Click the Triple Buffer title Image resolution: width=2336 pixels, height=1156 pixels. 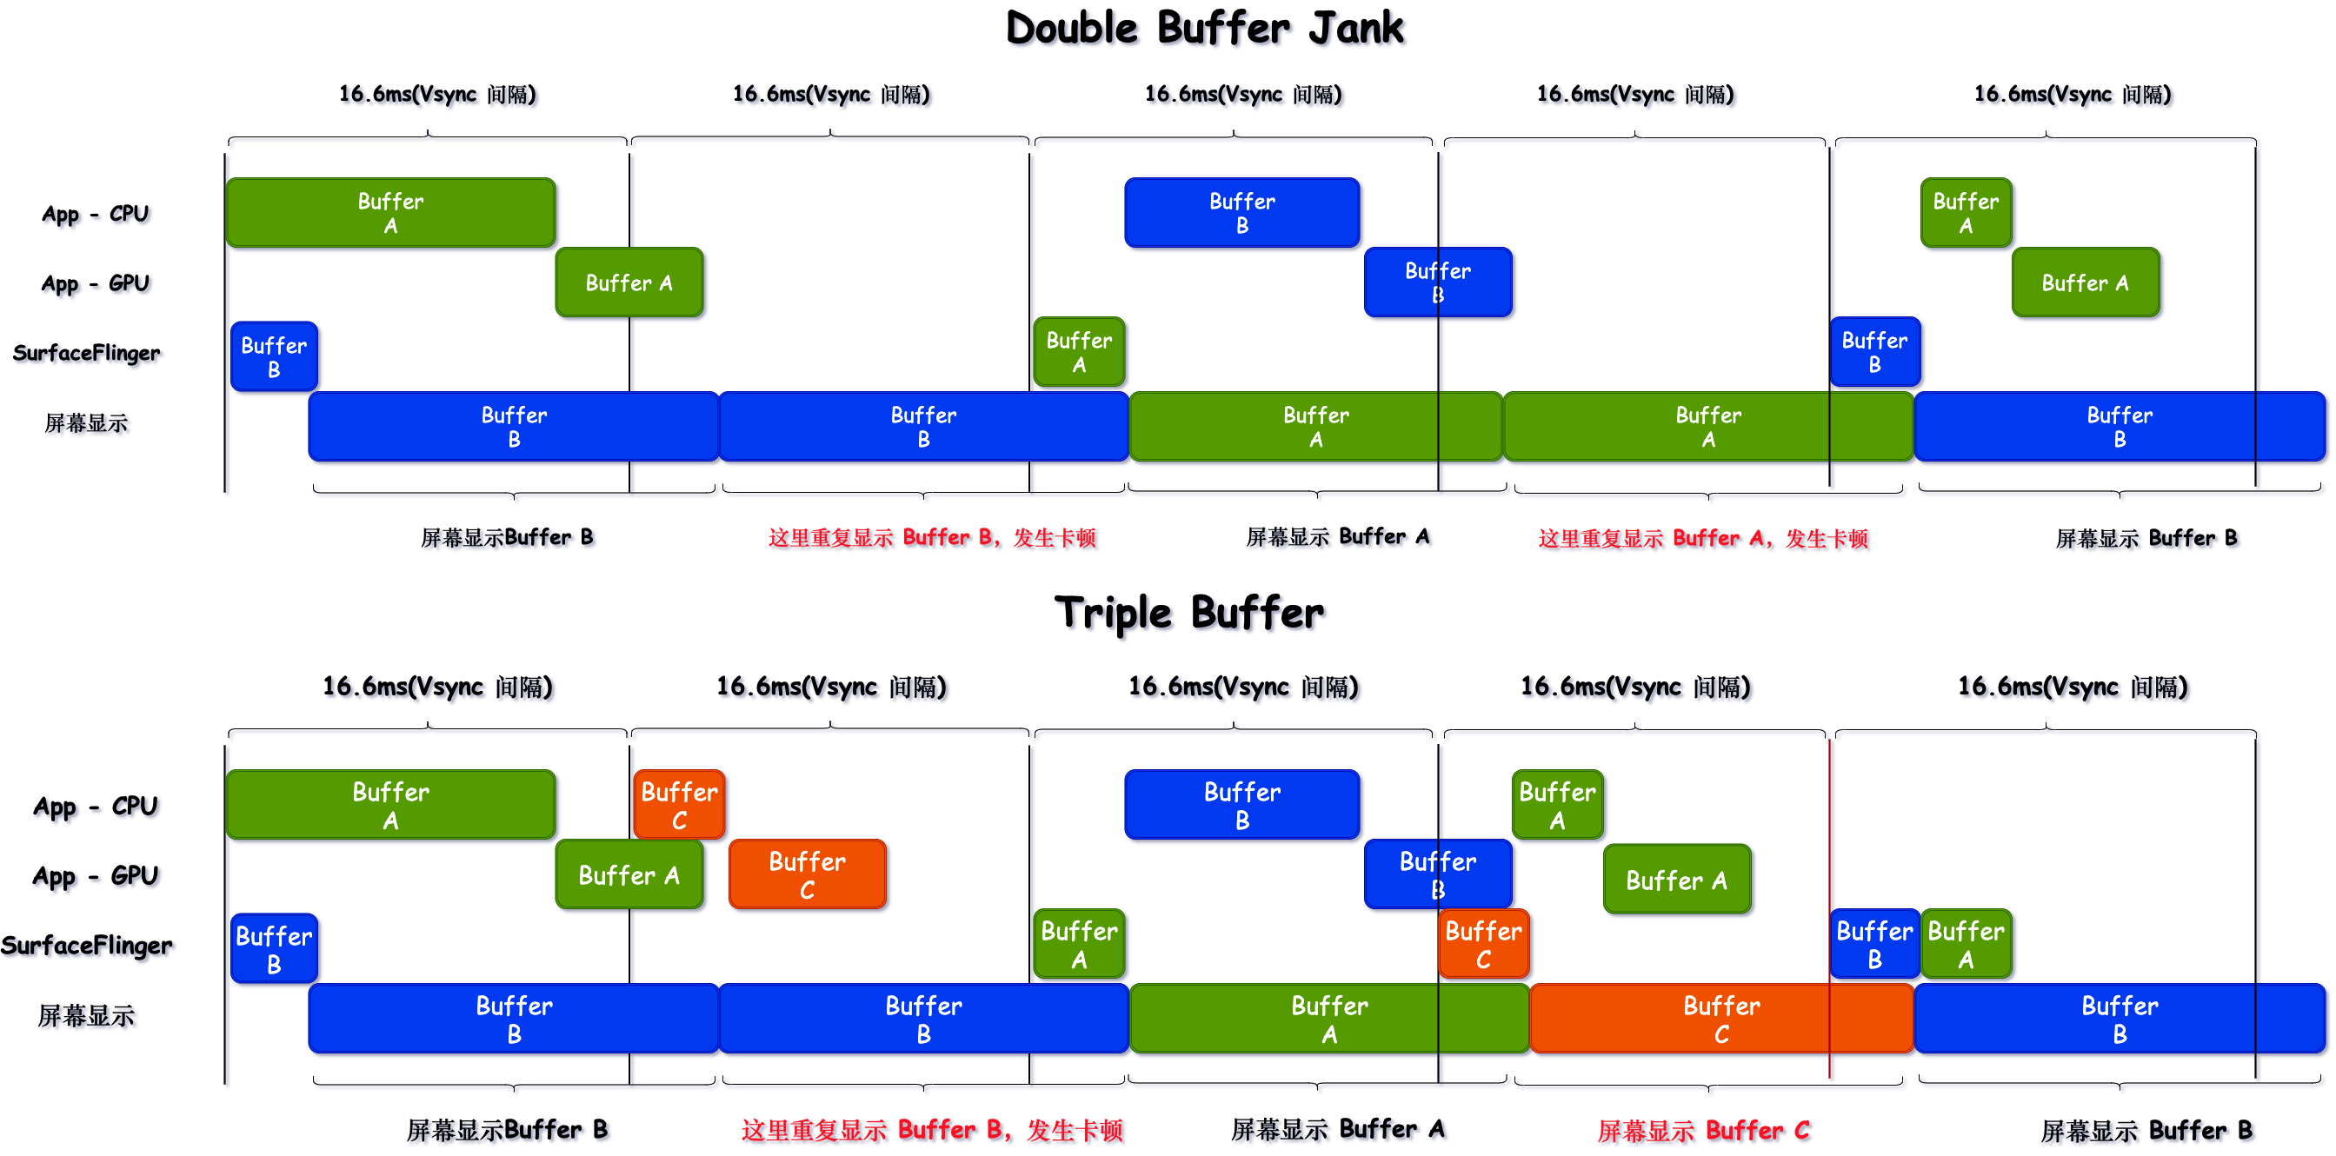click(1188, 614)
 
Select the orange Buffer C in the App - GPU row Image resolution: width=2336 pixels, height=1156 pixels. click(807, 875)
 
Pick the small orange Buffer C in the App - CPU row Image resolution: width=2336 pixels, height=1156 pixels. click(679, 804)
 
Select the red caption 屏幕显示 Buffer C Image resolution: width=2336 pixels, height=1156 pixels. click(1703, 1131)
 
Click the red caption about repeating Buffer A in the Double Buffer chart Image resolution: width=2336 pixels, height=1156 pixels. click(1703, 539)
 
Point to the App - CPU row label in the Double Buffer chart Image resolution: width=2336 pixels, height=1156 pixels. click(96, 214)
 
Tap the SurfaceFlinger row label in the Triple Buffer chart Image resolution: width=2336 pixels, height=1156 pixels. click(86, 946)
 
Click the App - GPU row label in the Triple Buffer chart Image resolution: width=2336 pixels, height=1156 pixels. click(96, 876)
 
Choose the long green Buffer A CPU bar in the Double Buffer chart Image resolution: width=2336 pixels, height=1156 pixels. click(390, 213)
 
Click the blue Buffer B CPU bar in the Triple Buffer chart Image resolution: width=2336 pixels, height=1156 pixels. click(1241, 805)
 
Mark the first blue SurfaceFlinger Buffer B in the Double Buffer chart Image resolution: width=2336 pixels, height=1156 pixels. click(274, 356)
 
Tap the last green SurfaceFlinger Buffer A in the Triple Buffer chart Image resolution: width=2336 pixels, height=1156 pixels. click(1965, 944)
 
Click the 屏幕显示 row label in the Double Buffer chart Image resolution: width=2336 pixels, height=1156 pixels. click(86, 423)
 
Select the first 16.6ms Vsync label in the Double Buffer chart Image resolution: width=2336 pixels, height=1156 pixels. click(437, 94)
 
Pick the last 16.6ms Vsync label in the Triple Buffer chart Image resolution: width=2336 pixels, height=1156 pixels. click(2072, 687)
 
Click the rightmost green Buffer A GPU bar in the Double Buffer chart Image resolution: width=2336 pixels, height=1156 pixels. click(2085, 282)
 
